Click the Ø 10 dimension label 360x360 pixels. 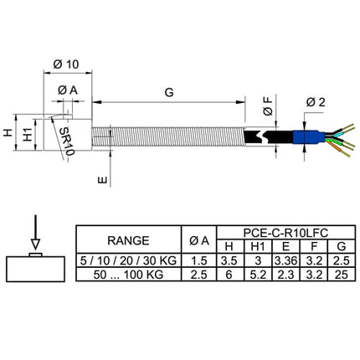[x=66, y=64]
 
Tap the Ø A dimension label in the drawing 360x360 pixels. [x=68, y=90]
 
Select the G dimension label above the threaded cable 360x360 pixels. [x=169, y=92]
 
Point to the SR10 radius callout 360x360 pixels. [x=67, y=141]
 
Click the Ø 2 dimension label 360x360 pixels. [x=316, y=102]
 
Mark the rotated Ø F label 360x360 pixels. [x=268, y=106]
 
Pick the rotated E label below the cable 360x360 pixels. [x=103, y=180]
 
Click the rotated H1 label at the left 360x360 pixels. [x=28, y=134]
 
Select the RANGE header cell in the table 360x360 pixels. [x=128, y=240]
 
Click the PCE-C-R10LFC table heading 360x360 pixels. [x=285, y=233]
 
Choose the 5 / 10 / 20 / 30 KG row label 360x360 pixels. [x=128, y=260]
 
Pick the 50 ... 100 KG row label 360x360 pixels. [x=128, y=275]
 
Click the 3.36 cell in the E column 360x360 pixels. [x=285, y=260]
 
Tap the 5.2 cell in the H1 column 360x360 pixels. [x=258, y=275]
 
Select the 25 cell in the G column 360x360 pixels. [x=342, y=275]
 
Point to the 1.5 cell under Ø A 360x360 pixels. [x=199, y=260]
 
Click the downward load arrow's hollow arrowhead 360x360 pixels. [x=35, y=244]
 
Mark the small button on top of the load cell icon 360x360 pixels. [x=35, y=255]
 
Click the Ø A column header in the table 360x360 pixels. [x=199, y=240]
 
